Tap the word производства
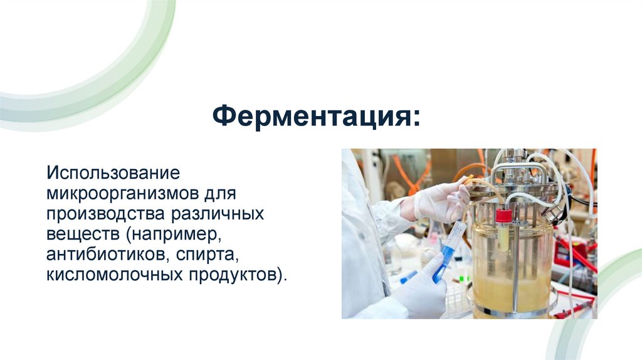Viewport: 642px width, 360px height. [103, 213]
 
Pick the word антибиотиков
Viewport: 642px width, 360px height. [103, 255]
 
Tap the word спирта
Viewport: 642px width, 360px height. [210, 255]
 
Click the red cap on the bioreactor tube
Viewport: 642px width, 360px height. [503, 216]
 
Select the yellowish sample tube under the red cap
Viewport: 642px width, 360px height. [503, 237]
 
